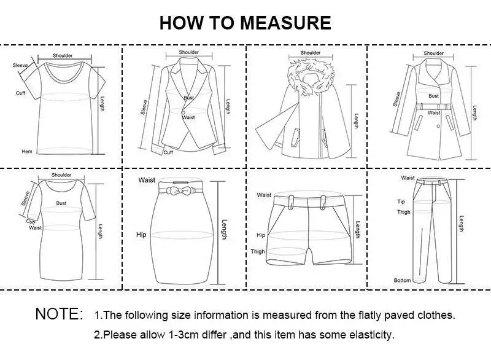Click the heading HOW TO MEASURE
click(245, 23)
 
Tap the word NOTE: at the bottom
click(59, 314)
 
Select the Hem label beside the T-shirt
click(26, 151)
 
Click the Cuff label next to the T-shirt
click(20, 93)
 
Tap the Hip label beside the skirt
click(141, 235)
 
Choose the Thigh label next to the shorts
click(258, 251)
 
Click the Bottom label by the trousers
click(402, 281)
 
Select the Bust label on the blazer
click(188, 98)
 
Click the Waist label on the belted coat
click(433, 113)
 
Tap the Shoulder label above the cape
click(310, 53)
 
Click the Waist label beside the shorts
click(264, 195)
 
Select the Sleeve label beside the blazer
click(144, 107)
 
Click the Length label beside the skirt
click(224, 230)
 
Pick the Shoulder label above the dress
click(61, 175)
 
